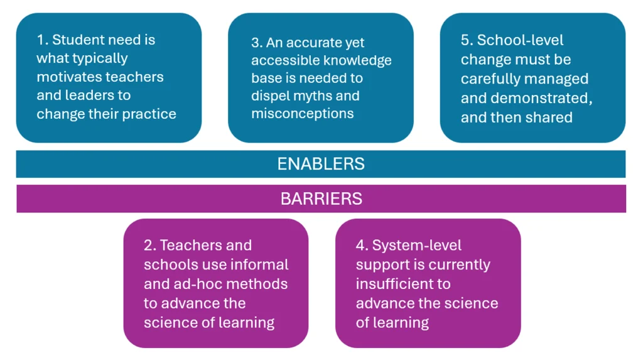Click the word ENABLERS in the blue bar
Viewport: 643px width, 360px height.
coord(321,164)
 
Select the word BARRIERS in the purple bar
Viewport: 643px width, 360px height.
coord(321,199)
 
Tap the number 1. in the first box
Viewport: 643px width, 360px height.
coord(42,40)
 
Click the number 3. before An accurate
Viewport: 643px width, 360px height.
coord(257,43)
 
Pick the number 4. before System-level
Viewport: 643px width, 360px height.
coord(362,246)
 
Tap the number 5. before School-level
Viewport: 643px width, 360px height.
coord(467,40)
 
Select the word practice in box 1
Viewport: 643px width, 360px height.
coord(151,114)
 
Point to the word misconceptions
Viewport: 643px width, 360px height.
coord(302,114)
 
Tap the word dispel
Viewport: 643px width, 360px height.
coord(271,96)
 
